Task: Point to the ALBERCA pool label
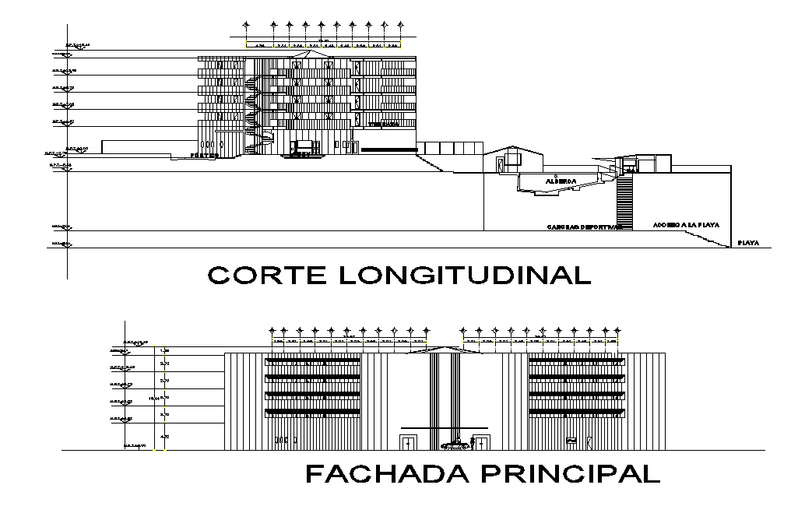[x=561, y=181]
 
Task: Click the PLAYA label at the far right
[x=748, y=243]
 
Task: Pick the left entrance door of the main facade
[x=407, y=443]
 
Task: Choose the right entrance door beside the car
[x=481, y=443]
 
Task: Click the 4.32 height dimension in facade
[x=164, y=437]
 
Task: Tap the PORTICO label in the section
[x=204, y=156]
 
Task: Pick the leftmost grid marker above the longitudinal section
[x=246, y=23]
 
